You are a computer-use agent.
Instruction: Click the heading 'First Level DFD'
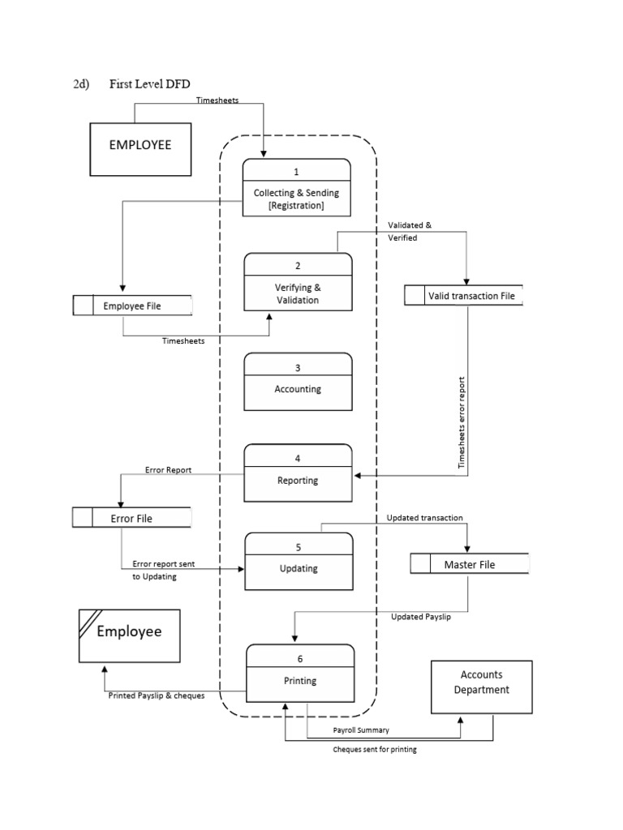(x=149, y=85)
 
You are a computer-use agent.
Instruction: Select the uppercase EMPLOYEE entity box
(x=140, y=148)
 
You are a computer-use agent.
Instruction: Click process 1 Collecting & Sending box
(x=297, y=187)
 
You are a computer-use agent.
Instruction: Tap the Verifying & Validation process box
(x=298, y=282)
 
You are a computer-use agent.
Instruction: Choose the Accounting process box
(x=298, y=383)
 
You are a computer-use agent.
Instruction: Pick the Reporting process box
(x=299, y=473)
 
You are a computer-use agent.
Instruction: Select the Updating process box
(x=299, y=562)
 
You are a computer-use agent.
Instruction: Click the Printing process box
(x=299, y=673)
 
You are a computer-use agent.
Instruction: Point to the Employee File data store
(x=133, y=306)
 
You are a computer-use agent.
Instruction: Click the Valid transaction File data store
(x=464, y=296)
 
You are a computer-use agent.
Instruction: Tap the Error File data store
(x=131, y=518)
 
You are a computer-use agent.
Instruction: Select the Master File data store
(x=469, y=564)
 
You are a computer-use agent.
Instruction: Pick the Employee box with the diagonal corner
(x=129, y=635)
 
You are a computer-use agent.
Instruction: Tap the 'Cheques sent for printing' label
(x=375, y=750)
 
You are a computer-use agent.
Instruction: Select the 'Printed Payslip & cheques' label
(x=157, y=695)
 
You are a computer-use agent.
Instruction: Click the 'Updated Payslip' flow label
(x=421, y=617)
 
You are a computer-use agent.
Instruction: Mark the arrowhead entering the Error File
(x=121, y=503)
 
